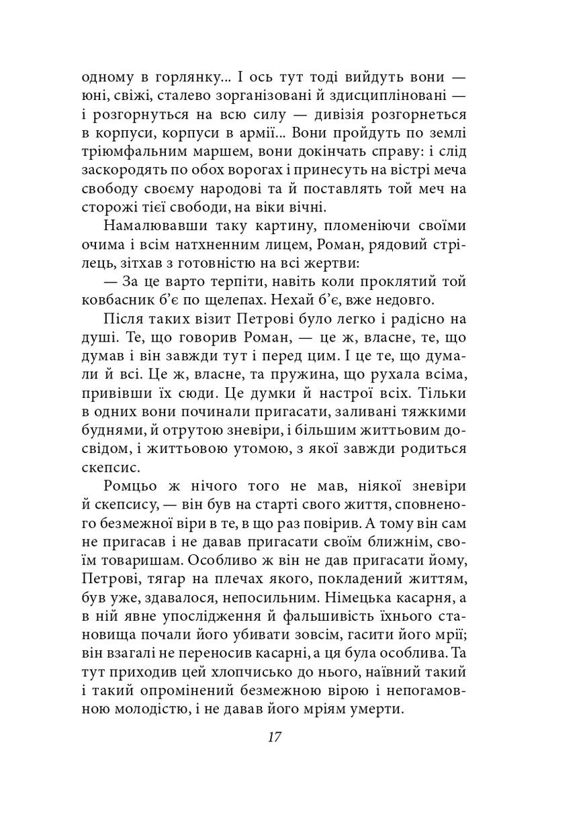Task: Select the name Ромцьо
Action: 130,485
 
